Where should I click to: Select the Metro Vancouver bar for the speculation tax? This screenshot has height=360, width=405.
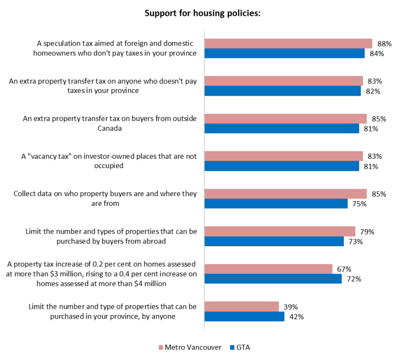click(x=288, y=43)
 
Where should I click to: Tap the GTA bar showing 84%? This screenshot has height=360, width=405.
click(x=284, y=53)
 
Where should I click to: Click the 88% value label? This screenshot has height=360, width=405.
click(x=383, y=43)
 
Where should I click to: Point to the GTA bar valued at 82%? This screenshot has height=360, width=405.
click(x=282, y=91)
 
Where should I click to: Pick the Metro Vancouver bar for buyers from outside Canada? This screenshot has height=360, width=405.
click(x=286, y=118)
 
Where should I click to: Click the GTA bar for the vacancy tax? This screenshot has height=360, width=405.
click(x=282, y=166)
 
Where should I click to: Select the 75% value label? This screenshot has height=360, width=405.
click(x=359, y=204)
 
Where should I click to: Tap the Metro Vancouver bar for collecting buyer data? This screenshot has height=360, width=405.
click(x=286, y=194)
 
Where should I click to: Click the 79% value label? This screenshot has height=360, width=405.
click(x=367, y=232)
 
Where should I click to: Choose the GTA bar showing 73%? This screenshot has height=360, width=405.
click(x=274, y=242)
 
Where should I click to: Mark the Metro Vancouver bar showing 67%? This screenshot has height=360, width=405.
click(x=268, y=269)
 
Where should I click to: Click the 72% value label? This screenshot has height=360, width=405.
click(x=353, y=279)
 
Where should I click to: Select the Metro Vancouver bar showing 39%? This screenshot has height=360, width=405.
click(x=242, y=307)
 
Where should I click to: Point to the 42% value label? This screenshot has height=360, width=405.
click(x=296, y=317)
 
